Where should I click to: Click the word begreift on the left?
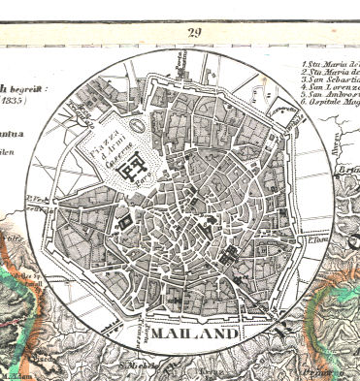tap(21, 85)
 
